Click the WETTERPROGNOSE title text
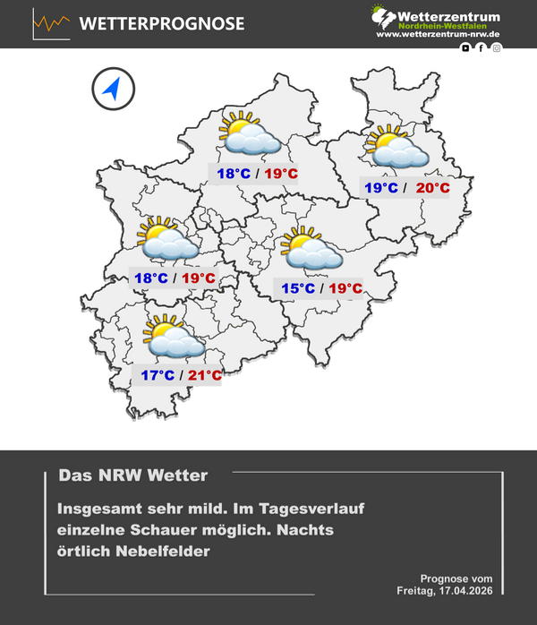(162, 24)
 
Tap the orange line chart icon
(52, 23)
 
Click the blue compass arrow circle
(112, 89)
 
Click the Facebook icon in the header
(481, 47)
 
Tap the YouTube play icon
(465, 47)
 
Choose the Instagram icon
(497, 47)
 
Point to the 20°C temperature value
(433, 188)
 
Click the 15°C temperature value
(297, 288)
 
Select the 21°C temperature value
(204, 375)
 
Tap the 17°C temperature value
(158, 375)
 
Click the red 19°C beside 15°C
(345, 288)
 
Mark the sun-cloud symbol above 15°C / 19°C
(311, 249)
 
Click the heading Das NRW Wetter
(132, 475)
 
